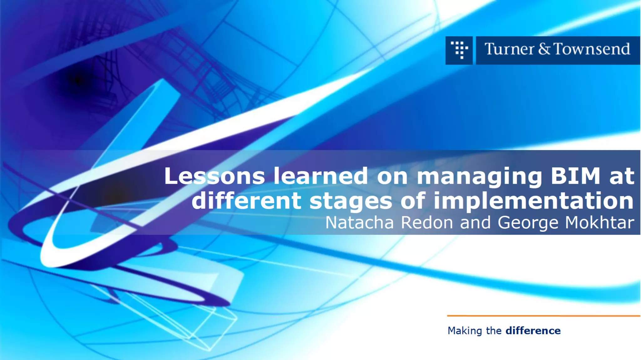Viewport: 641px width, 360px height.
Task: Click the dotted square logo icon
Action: point(459,50)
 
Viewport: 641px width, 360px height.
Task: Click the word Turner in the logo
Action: point(509,49)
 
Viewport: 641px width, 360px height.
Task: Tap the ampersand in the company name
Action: point(544,49)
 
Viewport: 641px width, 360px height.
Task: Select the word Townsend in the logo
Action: point(592,49)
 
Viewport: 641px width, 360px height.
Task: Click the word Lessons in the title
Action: point(214,176)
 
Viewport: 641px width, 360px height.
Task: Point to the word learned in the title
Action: point(321,176)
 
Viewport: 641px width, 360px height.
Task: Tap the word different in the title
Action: point(246,201)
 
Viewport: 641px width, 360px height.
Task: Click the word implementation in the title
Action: point(534,201)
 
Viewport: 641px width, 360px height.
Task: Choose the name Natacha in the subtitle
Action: point(359,223)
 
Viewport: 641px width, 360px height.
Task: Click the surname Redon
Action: point(427,223)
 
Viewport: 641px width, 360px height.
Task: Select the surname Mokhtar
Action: point(600,223)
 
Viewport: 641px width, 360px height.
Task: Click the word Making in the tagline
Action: point(465,331)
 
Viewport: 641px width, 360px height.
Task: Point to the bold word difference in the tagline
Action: point(533,331)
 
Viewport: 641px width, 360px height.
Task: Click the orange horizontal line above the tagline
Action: point(543,316)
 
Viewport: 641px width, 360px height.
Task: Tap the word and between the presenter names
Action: point(475,223)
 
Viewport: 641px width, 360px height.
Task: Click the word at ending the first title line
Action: point(622,176)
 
